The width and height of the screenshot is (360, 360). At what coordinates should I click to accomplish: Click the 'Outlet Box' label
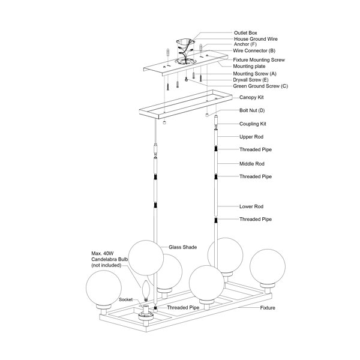tap(245, 33)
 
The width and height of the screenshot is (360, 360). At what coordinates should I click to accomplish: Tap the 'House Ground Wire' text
tap(256, 39)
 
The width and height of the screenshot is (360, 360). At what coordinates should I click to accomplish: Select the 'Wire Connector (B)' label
tap(254, 50)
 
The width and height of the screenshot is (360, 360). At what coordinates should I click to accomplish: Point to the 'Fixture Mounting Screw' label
tap(259, 60)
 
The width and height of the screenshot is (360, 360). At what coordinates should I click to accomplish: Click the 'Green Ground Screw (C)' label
tap(260, 86)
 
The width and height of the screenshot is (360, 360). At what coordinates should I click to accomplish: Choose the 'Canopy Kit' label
tap(251, 97)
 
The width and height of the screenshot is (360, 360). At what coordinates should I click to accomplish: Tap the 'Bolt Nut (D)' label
tap(252, 110)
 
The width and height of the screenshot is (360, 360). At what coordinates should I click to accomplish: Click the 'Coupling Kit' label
tap(253, 124)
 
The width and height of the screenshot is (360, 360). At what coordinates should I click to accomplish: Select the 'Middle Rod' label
tap(252, 164)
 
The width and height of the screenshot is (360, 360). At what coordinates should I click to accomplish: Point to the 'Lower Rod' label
tap(251, 206)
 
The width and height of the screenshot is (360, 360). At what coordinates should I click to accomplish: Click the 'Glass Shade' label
tap(183, 247)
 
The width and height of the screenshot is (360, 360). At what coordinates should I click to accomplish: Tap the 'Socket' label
tap(126, 299)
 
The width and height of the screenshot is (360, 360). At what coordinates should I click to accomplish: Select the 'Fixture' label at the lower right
tap(268, 308)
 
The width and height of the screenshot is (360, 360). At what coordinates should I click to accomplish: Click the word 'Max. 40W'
tap(103, 253)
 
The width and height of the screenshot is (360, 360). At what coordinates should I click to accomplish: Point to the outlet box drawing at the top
tap(185, 43)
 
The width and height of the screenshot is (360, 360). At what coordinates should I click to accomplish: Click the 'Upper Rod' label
tap(251, 137)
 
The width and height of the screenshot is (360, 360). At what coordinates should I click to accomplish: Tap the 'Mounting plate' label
tap(249, 67)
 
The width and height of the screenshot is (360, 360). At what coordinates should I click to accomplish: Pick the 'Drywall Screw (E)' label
tap(251, 80)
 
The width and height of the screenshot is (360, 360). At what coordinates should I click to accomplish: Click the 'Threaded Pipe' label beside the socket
tap(183, 308)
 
